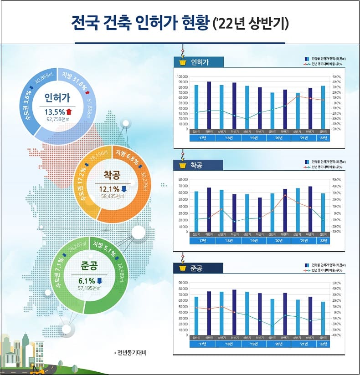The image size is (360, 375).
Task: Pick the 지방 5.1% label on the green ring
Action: pyautogui.click(x=104, y=248)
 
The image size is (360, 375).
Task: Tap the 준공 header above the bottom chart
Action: pyautogui.click(x=197, y=269)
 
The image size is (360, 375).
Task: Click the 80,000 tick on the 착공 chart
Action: pyautogui.click(x=184, y=180)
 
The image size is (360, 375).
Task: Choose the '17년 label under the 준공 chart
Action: pyautogui.click(x=202, y=344)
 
